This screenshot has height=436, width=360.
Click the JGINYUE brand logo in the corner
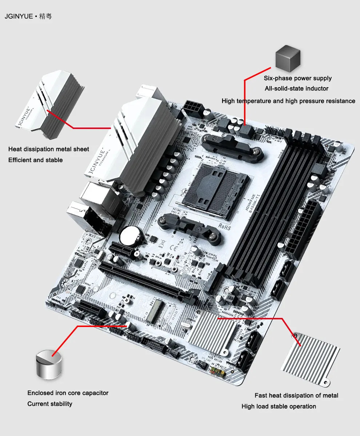point(28,16)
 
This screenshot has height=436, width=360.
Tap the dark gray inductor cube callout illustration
point(288,58)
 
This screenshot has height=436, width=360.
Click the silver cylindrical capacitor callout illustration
point(49,364)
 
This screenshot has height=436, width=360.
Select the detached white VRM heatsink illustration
point(50,104)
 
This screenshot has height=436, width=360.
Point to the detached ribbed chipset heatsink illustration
point(310,360)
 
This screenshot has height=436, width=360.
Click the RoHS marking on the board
point(224,227)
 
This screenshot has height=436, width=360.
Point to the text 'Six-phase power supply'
point(297,78)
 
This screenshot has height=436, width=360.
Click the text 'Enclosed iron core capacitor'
point(68,393)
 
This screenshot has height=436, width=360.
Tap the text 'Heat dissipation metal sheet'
point(48,149)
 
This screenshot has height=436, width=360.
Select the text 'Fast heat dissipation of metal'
point(296,396)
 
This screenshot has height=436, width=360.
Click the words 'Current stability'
point(50,404)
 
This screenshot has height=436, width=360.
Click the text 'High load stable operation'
point(279,406)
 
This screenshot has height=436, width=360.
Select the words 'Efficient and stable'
point(35,160)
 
